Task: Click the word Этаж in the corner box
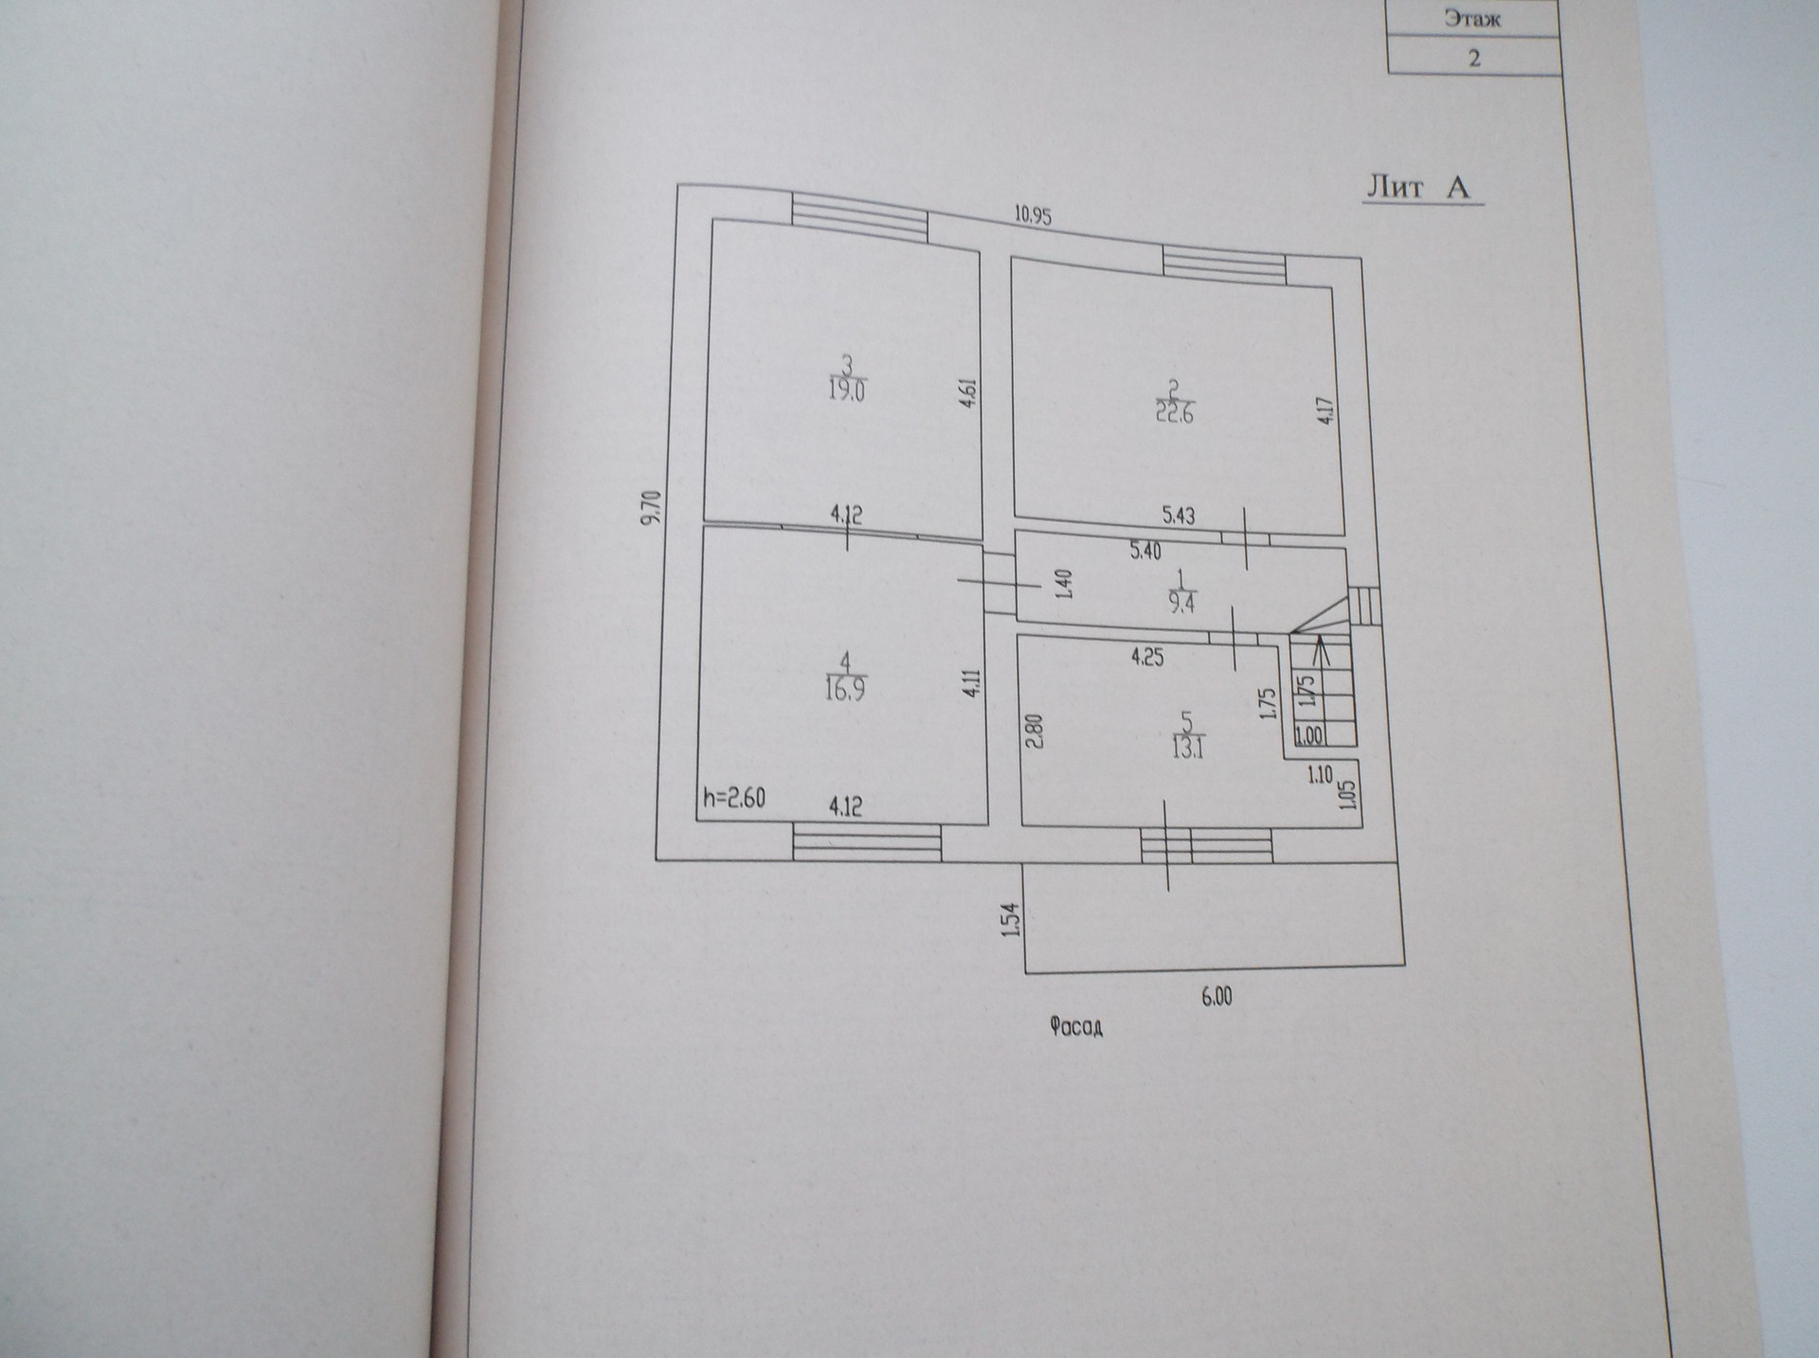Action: (1473, 18)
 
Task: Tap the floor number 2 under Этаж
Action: (1473, 58)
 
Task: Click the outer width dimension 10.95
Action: (1033, 215)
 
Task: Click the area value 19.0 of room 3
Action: (847, 391)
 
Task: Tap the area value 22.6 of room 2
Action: (1174, 413)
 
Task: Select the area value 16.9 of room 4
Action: (845, 689)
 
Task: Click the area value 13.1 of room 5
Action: (1188, 749)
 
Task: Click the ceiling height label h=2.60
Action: (734, 798)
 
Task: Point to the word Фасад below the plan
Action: (1076, 1026)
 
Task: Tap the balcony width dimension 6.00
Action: (1216, 996)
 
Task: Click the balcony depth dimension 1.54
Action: (1011, 919)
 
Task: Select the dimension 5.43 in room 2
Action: (1179, 516)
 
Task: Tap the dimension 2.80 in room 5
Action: (1034, 730)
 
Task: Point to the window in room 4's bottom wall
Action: (867, 842)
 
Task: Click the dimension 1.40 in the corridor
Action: (1063, 584)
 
